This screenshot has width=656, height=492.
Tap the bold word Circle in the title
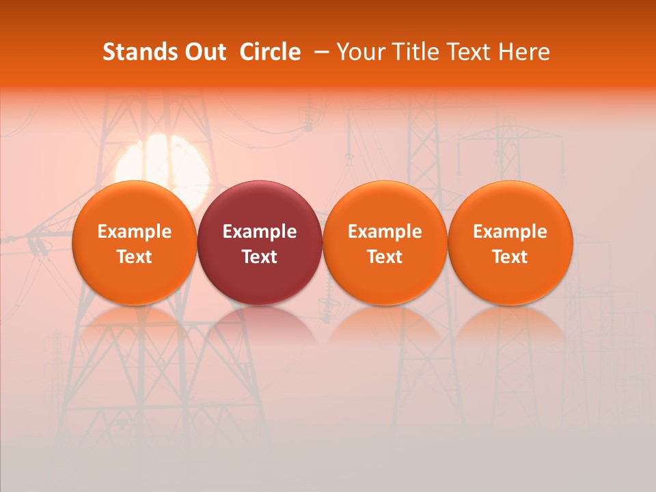[x=270, y=52]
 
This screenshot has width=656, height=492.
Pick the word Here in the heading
[x=525, y=52]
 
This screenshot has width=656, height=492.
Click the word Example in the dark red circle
[x=260, y=232]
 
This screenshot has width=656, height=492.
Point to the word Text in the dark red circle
[x=260, y=257]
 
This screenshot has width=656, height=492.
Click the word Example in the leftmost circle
[x=135, y=232]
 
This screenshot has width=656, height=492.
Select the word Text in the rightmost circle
[x=510, y=257]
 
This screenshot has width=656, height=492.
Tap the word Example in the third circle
[x=385, y=232]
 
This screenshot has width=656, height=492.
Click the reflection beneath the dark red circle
[x=260, y=321]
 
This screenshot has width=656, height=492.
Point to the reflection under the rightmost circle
[x=510, y=321]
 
